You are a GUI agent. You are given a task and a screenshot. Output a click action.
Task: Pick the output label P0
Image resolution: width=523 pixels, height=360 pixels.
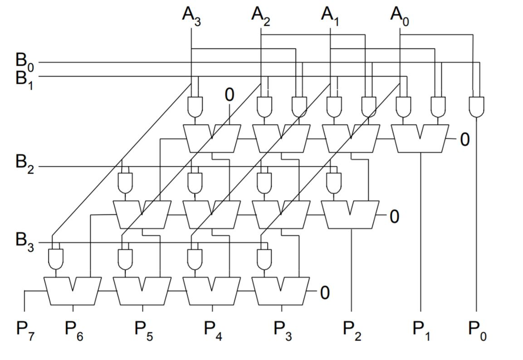pyautogui.click(x=478, y=329)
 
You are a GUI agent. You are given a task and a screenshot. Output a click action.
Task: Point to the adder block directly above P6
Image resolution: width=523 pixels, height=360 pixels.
pyautogui.click(x=73, y=291)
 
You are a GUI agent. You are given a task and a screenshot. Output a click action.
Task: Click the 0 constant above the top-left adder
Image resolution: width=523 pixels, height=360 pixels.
pyautogui.click(x=229, y=94)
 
